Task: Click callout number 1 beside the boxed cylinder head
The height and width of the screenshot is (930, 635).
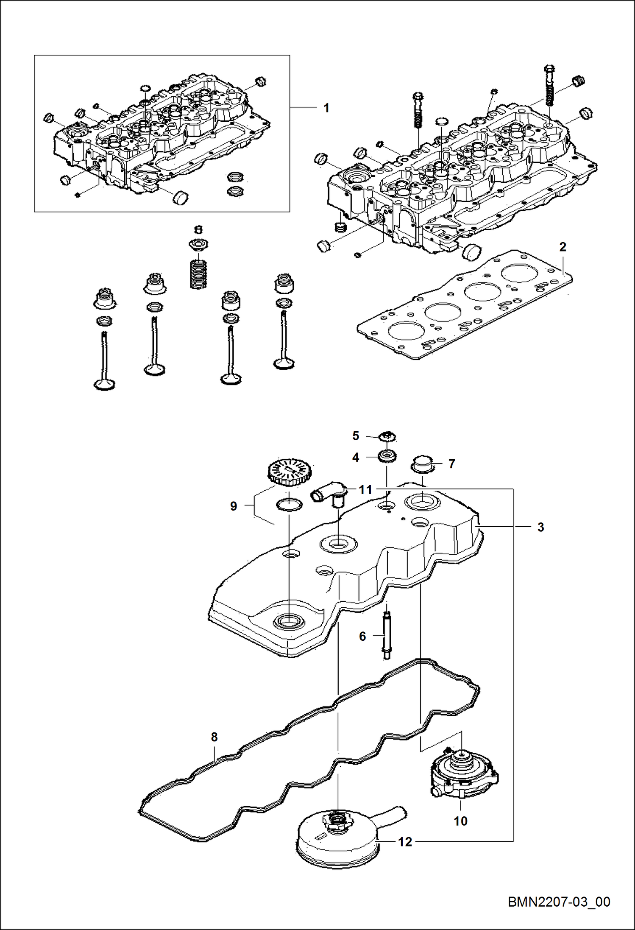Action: point(326,108)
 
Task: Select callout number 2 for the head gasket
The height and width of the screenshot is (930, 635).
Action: point(563,247)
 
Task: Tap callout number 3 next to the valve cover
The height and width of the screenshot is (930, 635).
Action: point(540,527)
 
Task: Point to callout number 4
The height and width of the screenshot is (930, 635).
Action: point(356,457)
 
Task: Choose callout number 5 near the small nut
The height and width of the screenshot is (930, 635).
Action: point(356,436)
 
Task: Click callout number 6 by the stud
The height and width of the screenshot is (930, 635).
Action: point(362,636)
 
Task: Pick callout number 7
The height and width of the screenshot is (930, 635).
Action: point(452,464)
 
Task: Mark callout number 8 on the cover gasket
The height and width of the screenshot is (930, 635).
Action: point(214,737)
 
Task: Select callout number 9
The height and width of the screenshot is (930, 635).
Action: point(234,506)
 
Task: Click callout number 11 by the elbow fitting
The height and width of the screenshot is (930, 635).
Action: point(365,490)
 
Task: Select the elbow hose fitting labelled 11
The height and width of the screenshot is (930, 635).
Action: point(330,494)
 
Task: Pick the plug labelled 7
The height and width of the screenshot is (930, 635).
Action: point(422,464)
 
